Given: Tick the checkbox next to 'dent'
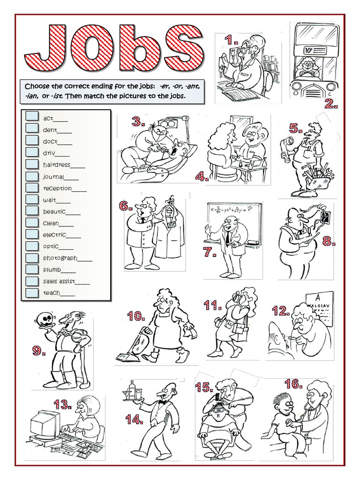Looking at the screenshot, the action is pos(32,128).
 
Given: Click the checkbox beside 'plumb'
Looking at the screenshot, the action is pos(32,269).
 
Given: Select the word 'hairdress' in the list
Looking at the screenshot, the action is pos(57,165).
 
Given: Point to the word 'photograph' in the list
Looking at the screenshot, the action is pos(60,258).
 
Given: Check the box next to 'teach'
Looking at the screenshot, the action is pos(32,292).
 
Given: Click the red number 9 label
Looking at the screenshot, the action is pos(39,350).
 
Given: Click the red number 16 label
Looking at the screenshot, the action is pos(293,384).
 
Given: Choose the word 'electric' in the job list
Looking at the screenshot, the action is pos(54,235).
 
